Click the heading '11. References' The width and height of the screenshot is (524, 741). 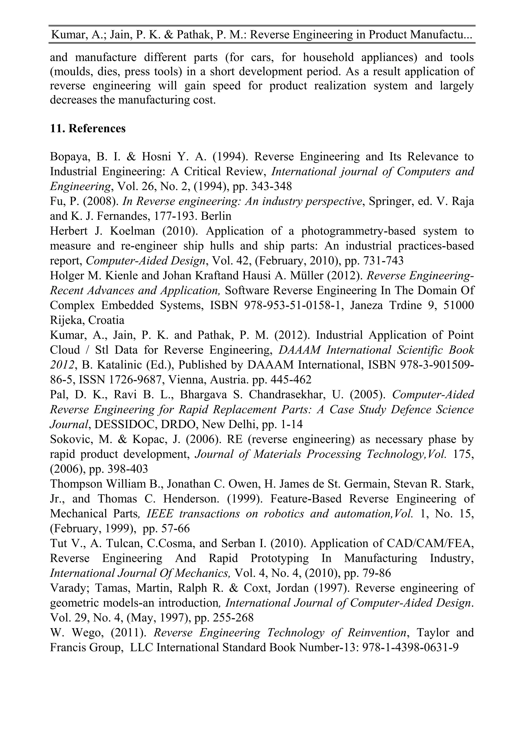(88, 128)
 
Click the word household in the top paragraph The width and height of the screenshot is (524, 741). (325, 58)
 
